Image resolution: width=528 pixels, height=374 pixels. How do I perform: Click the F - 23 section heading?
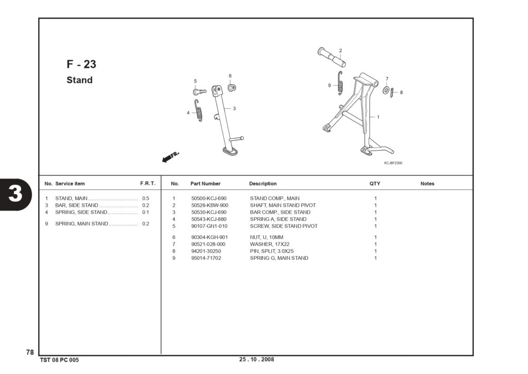pyautogui.click(x=81, y=64)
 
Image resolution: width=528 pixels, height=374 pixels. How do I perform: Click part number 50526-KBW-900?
pyautogui.click(x=209, y=205)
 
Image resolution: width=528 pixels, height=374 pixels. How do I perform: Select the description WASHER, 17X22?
pyautogui.click(x=269, y=245)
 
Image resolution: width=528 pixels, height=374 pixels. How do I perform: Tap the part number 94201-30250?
pyautogui.click(x=206, y=251)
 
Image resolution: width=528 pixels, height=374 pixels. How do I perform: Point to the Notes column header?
pyautogui.click(x=427, y=184)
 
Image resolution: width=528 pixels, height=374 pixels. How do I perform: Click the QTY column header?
pyautogui.click(x=375, y=184)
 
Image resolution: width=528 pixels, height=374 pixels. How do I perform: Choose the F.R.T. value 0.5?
pyautogui.click(x=145, y=199)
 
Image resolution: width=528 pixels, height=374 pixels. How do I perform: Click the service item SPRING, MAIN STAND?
pyautogui.click(x=81, y=224)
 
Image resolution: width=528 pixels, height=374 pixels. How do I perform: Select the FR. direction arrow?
pyautogui.click(x=170, y=157)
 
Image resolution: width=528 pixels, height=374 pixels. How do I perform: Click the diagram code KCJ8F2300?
pyautogui.click(x=393, y=163)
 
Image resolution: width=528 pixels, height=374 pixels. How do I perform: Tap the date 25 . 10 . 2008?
pyautogui.click(x=257, y=360)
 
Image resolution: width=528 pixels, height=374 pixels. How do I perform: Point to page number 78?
pyautogui.click(x=30, y=352)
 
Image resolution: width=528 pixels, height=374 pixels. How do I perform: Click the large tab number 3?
pyautogui.click(x=15, y=194)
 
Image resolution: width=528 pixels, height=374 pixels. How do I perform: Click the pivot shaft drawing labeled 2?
pyautogui.click(x=332, y=57)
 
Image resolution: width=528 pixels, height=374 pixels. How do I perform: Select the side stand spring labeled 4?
pyautogui.click(x=199, y=110)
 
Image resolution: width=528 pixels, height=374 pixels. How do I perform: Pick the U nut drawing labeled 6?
pyautogui.click(x=232, y=88)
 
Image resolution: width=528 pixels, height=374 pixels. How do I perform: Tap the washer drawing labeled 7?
pyautogui.click(x=386, y=90)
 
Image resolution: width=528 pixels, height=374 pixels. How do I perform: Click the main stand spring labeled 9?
pyautogui.click(x=340, y=83)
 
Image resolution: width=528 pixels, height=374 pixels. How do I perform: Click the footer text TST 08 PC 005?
pyautogui.click(x=59, y=360)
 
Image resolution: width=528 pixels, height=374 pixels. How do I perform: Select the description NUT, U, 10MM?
pyautogui.click(x=267, y=237)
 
